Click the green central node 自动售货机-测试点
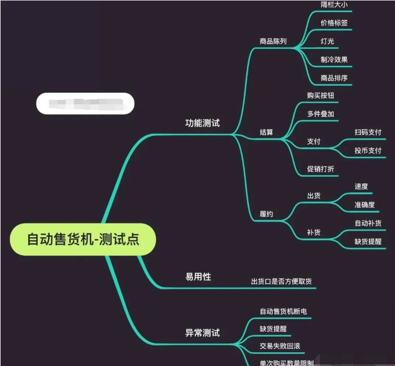pyautogui.click(x=83, y=240)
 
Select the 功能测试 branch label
pyautogui.click(x=202, y=123)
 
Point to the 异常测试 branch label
pyautogui.click(x=202, y=333)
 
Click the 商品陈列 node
pyautogui.click(x=273, y=41)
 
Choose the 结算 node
pyautogui.click(x=266, y=132)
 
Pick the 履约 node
pyautogui.click(x=266, y=214)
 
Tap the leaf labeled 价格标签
pyautogui.click(x=334, y=24)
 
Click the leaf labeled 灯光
pyautogui.click(x=327, y=41)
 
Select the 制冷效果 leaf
pyautogui.click(x=334, y=60)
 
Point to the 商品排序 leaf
pyautogui.click(x=334, y=78)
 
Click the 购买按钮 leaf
pyautogui.click(x=321, y=96)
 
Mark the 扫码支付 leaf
pyautogui.click(x=368, y=132)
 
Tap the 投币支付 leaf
pyautogui.click(x=368, y=150)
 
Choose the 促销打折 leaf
pyautogui.click(x=321, y=169)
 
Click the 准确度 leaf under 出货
pyautogui.click(x=365, y=205)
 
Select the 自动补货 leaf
pyautogui.click(x=368, y=224)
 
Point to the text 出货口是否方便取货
pyautogui.click(x=281, y=282)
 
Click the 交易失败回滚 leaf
pyautogui.click(x=280, y=346)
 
